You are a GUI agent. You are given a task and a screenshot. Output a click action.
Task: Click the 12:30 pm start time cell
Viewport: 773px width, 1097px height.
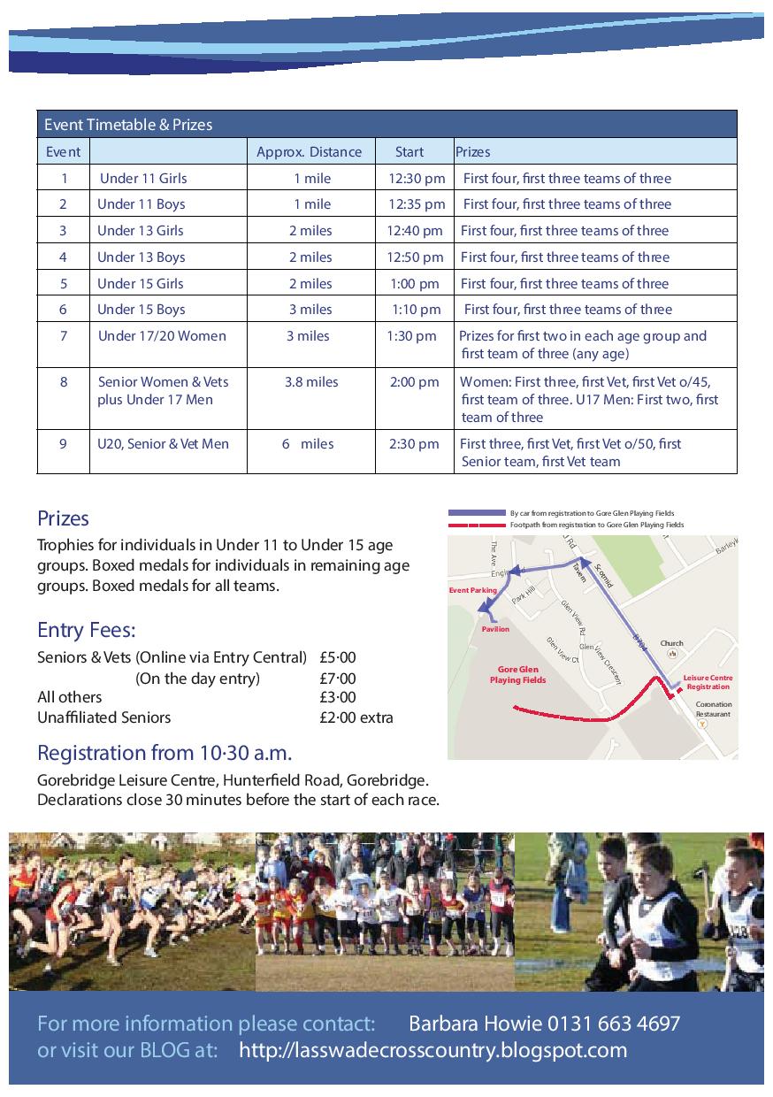point(417,179)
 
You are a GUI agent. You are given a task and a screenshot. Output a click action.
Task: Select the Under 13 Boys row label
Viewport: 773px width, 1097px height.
point(142,257)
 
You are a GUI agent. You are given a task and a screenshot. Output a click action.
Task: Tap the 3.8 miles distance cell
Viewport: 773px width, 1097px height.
point(311,382)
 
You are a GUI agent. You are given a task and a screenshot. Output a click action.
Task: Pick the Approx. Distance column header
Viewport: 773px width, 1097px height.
point(309,152)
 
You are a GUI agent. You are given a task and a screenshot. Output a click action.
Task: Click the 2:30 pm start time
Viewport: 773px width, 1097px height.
point(414,444)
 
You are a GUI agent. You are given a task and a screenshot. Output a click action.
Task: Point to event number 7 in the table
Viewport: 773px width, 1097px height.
point(64,336)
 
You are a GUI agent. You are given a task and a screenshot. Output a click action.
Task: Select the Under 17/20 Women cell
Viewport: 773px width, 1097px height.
point(162,336)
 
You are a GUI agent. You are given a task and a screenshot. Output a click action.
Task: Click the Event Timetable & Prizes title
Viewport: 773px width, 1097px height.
point(128,125)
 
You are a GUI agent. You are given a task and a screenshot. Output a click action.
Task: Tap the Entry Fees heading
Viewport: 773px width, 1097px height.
point(87,631)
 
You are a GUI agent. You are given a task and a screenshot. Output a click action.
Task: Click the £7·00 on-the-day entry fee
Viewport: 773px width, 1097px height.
point(338,679)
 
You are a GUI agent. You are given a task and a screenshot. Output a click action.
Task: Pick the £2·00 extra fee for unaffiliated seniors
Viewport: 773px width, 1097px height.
point(356,717)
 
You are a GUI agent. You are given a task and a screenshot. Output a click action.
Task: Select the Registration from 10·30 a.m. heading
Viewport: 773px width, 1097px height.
point(165,754)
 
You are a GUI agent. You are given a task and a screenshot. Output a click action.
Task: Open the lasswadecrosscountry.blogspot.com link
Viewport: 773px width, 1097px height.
point(433,1051)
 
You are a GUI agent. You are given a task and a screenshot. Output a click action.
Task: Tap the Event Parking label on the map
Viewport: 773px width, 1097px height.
point(473,590)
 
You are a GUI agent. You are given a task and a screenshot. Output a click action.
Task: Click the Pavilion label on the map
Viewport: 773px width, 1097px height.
point(495,629)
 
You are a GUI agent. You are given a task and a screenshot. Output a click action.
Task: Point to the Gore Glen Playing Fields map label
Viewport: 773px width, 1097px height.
point(518,675)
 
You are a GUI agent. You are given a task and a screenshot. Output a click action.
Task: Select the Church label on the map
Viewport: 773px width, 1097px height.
point(672,643)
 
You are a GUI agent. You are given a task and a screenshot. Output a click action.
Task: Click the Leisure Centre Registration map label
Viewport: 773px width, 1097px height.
point(708,682)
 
